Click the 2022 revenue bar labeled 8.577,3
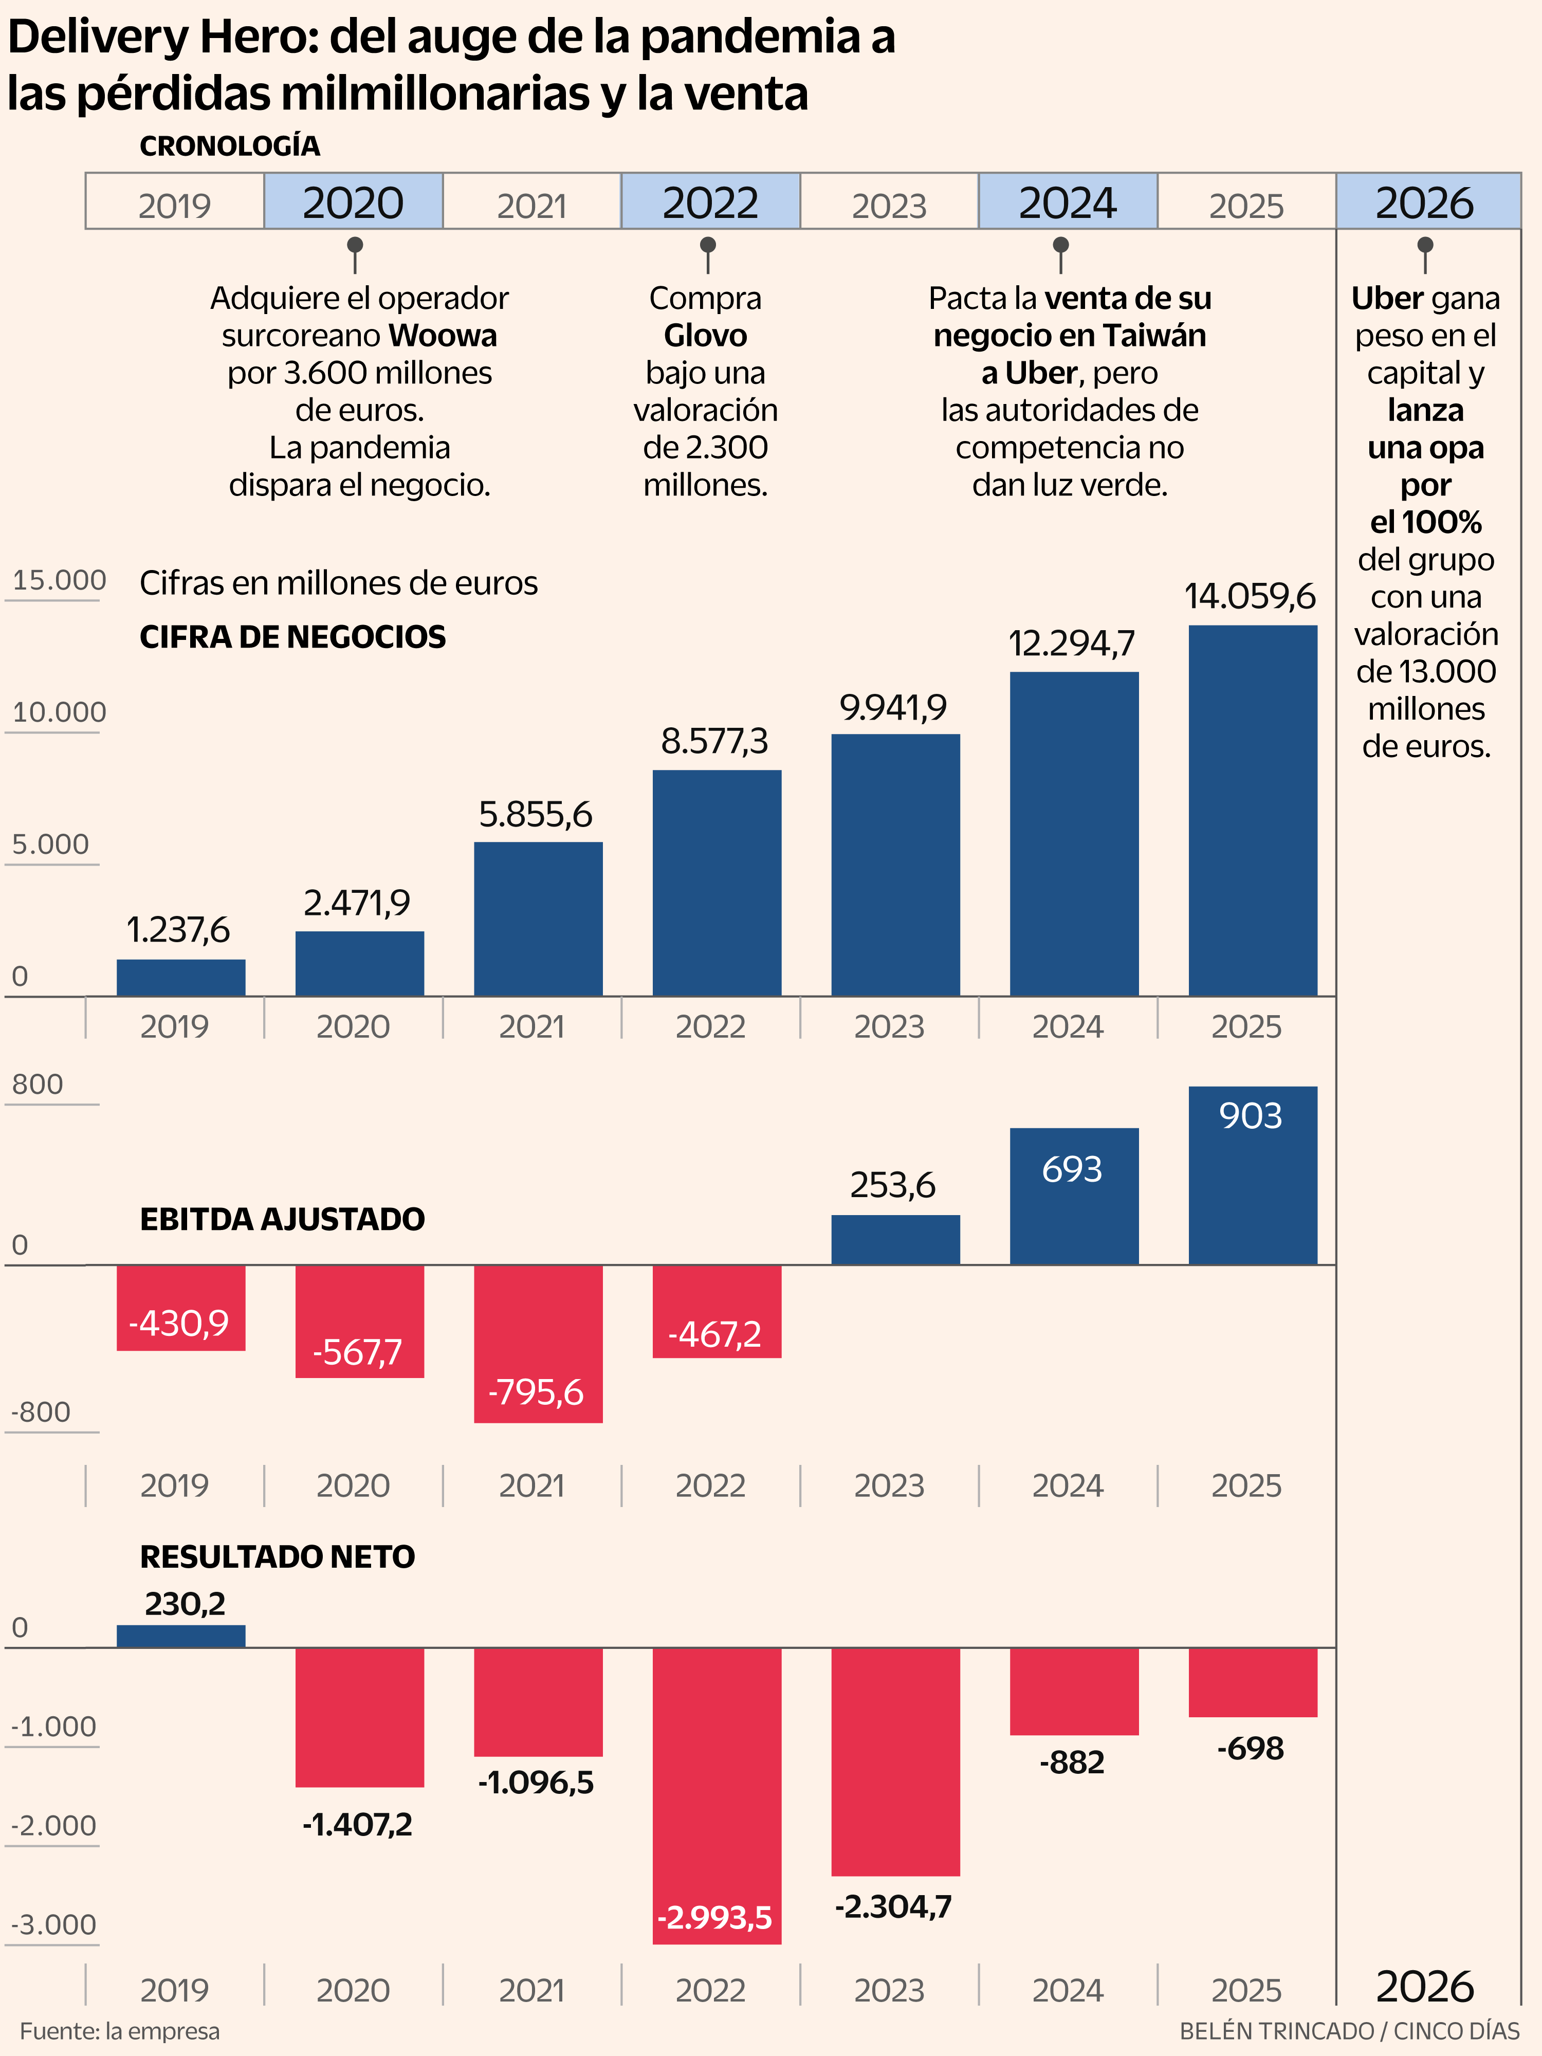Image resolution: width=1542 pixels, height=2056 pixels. (x=717, y=883)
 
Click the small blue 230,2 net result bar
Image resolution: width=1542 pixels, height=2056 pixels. (x=181, y=1637)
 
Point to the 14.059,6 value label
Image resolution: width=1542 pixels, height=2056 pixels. (x=1250, y=596)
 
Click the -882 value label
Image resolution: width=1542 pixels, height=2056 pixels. (x=1072, y=1763)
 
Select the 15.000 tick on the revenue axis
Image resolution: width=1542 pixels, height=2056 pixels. (x=59, y=580)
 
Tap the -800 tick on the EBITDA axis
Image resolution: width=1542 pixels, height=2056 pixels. (x=41, y=1412)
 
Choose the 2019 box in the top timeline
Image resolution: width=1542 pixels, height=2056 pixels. (x=175, y=201)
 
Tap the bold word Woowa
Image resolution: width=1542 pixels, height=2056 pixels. (x=443, y=336)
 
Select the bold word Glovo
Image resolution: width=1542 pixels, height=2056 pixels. (x=706, y=336)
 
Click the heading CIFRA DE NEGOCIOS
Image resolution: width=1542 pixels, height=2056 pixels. (x=293, y=637)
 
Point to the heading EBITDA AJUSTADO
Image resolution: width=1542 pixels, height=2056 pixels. (x=283, y=1219)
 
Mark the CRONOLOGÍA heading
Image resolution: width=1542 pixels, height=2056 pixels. (x=230, y=146)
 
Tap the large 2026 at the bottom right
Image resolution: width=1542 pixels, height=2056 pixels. (x=1425, y=1986)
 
